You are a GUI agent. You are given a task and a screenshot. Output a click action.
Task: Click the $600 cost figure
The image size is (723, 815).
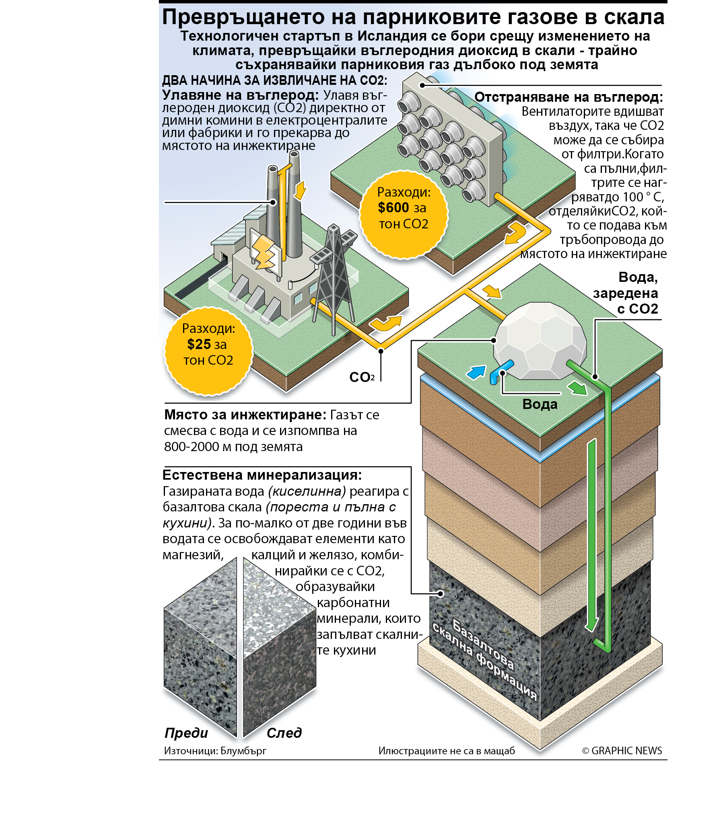(x=393, y=208)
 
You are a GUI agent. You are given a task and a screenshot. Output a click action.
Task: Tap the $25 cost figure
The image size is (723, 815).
(x=199, y=345)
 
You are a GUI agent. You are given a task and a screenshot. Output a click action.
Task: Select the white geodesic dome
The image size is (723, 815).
(x=540, y=341)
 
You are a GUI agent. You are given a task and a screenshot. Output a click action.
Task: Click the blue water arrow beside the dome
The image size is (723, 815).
(x=476, y=372)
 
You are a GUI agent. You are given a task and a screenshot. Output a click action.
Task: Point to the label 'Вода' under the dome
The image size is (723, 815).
(x=540, y=404)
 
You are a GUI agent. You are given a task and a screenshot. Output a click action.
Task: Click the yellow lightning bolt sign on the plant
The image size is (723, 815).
(x=264, y=252)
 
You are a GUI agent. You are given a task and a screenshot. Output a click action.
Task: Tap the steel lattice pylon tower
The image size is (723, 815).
(x=334, y=277)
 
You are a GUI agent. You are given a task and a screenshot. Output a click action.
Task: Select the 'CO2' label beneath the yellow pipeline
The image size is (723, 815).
(x=362, y=377)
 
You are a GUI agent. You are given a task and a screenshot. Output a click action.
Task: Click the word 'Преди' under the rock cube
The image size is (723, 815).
(x=186, y=733)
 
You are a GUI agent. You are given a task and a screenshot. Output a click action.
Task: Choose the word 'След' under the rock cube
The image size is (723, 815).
(x=284, y=733)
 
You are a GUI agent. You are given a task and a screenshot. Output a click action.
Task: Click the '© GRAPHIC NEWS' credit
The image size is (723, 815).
(x=622, y=751)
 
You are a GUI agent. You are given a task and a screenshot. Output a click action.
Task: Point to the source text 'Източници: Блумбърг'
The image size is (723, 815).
(x=215, y=751)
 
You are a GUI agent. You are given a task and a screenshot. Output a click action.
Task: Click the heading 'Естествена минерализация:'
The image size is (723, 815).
(x=262, y=475)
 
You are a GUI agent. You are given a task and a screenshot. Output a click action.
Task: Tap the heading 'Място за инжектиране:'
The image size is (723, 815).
(x=245, y=415)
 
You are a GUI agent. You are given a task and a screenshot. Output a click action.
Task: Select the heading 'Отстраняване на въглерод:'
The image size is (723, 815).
(x=569, y=97)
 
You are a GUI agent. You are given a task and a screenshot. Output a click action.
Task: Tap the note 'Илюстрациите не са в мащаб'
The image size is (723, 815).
(x=447, y=751)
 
